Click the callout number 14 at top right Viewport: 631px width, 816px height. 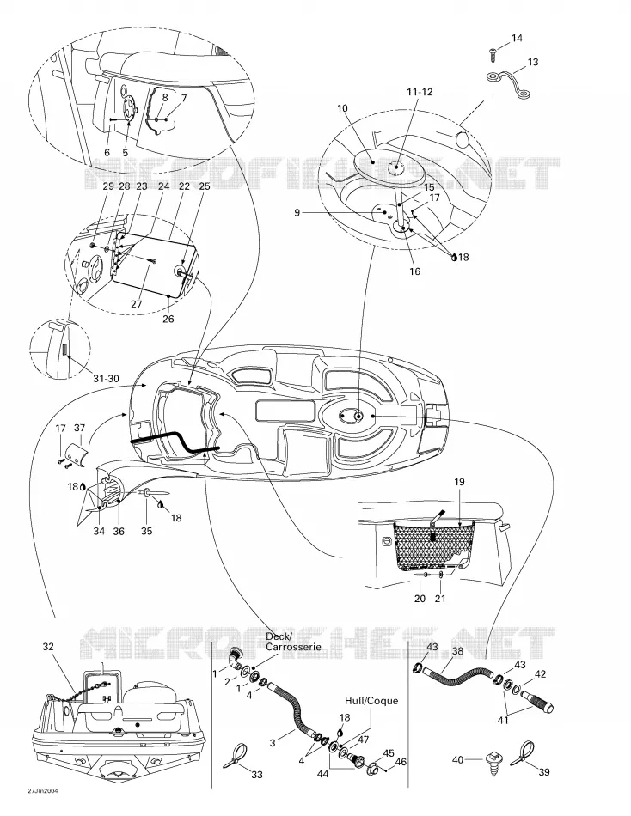click(x=517, y=38)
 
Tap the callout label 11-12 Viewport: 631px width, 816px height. click(x=420, y=92)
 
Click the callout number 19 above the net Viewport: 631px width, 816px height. click(x=458, y=482)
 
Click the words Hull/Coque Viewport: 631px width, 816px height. click(x=371, y=700)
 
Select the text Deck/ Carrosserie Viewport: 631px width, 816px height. click(x=293, y=642)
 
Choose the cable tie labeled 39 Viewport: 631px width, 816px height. click(x=523, y=754)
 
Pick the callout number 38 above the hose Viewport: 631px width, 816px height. click(x=457, y=651)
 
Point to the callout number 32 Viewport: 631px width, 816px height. click(x=48, y=646)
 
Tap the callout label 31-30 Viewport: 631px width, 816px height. click(x=106, y=378)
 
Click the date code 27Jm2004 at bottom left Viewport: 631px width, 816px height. click(x=43, y=791)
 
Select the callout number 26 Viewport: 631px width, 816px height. click(x=168, y=319)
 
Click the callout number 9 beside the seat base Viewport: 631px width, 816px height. click(x=297, y=212)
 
